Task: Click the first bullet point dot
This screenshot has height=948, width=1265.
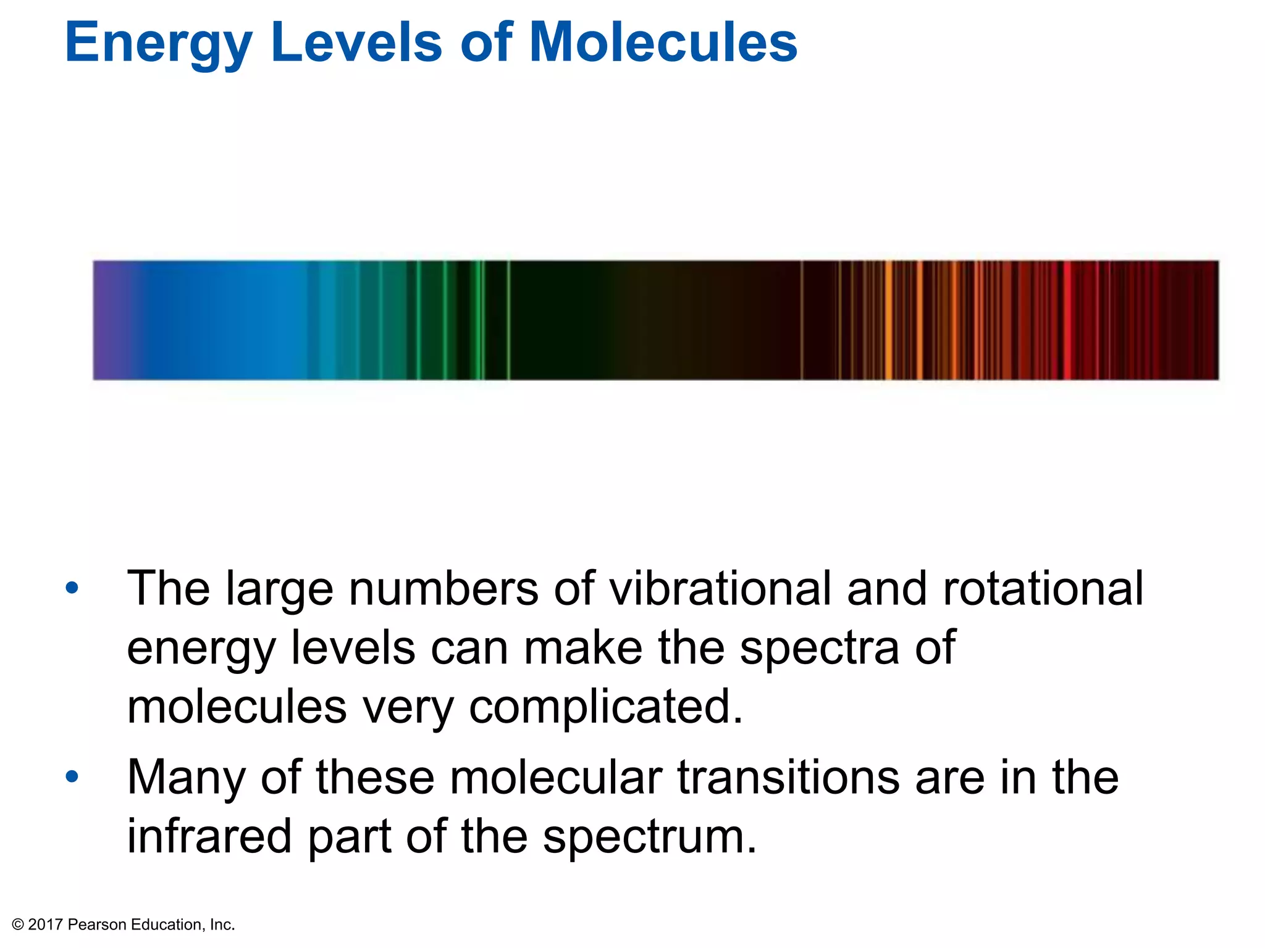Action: [72, 588]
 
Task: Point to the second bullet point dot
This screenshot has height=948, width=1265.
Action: [72, 776]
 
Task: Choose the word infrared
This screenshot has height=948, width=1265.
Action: [209, 836]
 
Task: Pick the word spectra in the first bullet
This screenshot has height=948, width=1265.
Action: [819, 648]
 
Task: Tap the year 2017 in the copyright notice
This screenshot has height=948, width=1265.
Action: [45, 925]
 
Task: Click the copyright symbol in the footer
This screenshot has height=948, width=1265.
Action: [18, 925]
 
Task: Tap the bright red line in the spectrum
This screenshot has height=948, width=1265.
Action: [1067, 320]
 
